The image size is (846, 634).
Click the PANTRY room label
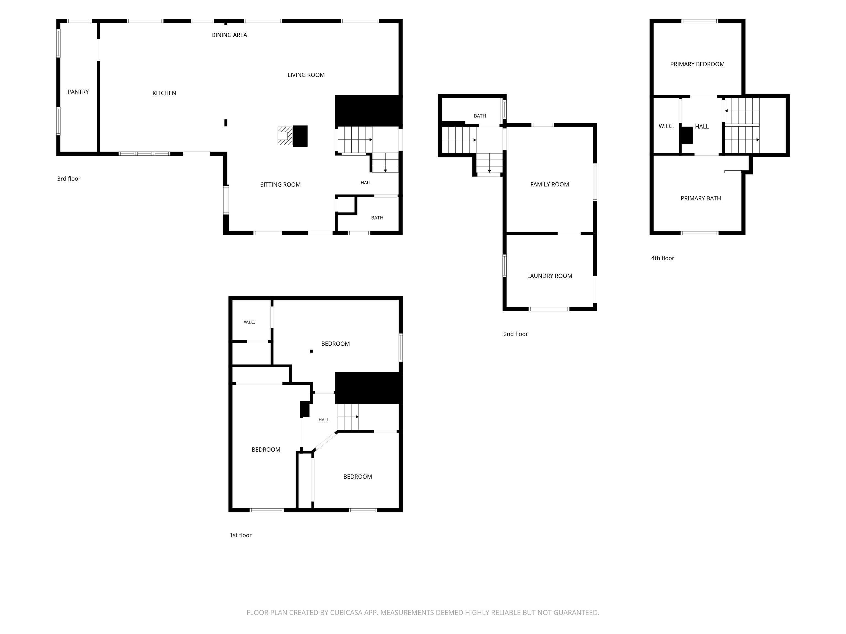(78, 92)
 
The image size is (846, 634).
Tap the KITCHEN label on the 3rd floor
(164, 93)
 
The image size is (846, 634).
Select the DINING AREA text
(229, 35)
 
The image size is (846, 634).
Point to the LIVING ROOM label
(306, 75)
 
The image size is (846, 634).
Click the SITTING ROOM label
(280, 185)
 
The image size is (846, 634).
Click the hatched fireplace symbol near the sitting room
(285, 136)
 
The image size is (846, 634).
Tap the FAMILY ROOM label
(550, 184)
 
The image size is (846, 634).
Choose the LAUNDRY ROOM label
(550, 276)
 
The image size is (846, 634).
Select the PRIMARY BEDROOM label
(697, 64)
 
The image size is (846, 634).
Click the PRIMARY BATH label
(701, 198)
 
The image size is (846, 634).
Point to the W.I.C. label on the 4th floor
(666, 126)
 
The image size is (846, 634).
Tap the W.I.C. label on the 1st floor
(249, 322)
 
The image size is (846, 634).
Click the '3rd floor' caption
(69, 179)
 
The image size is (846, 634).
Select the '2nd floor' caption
(516, 334)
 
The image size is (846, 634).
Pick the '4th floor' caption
(663, 258)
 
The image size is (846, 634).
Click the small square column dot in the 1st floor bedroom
(311, 351)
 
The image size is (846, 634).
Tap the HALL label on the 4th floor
(702, 127)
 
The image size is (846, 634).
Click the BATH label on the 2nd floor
(480, 116)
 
